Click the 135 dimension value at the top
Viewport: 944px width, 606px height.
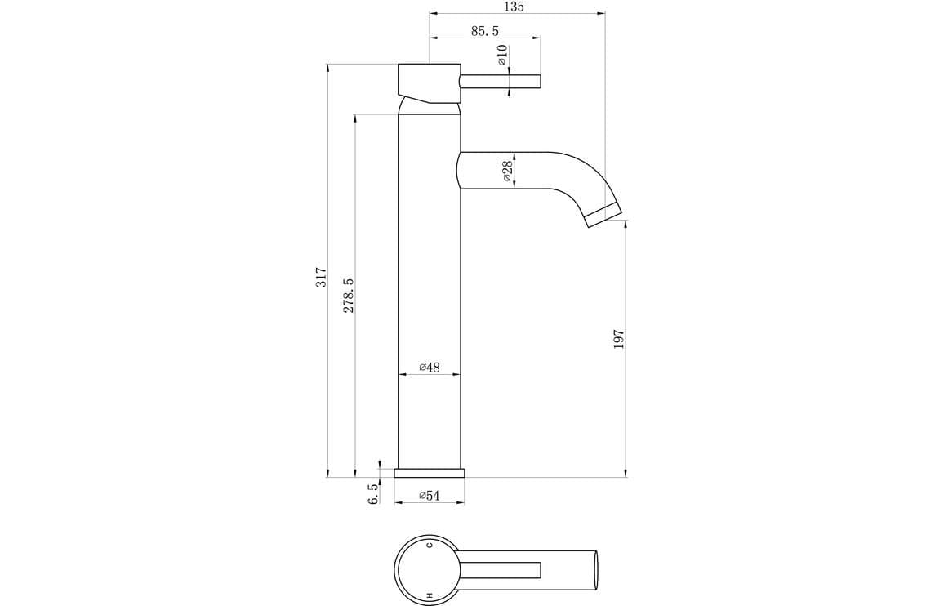pyautogui.click(x=514, y=7)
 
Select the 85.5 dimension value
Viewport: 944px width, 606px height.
pyautogui.click(x=484, y=31)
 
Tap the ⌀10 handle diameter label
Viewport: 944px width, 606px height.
pyautogui.click(x=502, y=55)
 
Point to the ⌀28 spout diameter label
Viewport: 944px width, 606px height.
pyautogui.click(x=506, y=171)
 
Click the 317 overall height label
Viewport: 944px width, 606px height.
pyautogui.click(x=322, y=277)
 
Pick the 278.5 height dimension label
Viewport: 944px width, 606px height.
pyautogui.click(x=349, y=296)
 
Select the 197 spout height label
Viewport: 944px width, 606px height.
pyautogui.click(x=619, y=340)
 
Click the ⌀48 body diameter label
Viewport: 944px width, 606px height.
pyautogui.click(x=430, y=368)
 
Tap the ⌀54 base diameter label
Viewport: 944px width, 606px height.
pyautogui.click(x=430, y=496)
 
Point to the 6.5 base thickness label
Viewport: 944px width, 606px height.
pyautogui.click(x=373, y=493)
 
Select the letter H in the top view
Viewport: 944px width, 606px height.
pyautogui.click(x=429, y=595)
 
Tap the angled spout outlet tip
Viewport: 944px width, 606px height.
pyautogui.click(x=604, y=216)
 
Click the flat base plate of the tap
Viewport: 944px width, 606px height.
pyautogui.click(x=429, y=473)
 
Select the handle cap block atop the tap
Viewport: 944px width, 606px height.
pyautogui.click(x=428, y=82)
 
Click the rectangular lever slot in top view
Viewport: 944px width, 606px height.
pyautogui.click(x=501, y=568)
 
